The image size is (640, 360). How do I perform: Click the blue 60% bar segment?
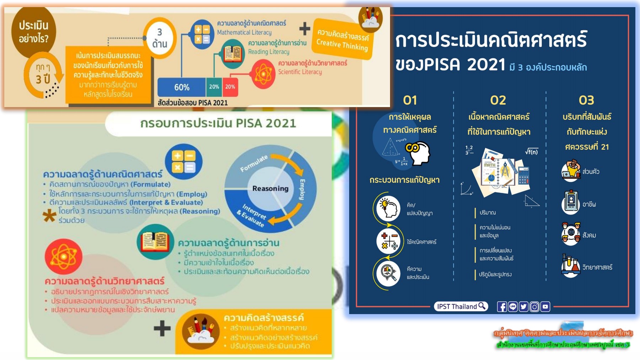181,87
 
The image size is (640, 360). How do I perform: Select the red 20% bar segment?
230,87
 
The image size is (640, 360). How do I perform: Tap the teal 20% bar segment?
214,87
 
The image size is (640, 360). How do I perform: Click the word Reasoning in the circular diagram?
270,189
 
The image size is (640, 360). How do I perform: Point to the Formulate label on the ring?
254,163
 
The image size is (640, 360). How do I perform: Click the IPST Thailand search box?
461,306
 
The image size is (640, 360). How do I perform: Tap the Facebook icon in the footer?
502,307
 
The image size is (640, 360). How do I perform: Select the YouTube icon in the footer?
545,307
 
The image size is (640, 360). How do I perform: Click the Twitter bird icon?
523,307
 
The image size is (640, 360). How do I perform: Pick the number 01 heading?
410,100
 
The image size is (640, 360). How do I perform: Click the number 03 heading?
586,100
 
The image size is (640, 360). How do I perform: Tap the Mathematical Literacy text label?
244,32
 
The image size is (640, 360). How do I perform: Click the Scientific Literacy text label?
300,72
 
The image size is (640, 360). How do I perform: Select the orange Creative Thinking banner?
342,39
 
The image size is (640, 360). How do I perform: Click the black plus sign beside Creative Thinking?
305,28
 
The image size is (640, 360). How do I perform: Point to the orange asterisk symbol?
49,216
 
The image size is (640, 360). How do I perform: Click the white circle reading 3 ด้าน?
160,38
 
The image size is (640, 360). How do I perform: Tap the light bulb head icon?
388,207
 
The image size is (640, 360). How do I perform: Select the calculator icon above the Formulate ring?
183,162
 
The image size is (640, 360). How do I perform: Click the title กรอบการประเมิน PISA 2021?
218,123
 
